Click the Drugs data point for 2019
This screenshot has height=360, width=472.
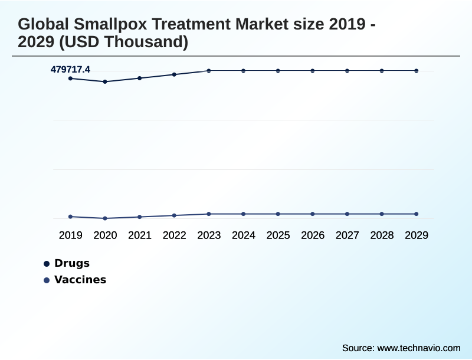[x=71, y=78]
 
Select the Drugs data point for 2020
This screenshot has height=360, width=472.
[x=105, y=82]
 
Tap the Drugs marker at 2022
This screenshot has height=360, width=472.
[x=174, y=74]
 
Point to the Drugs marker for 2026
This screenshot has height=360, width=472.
[x=313, y=71]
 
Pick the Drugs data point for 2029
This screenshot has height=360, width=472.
[x=417, y=71]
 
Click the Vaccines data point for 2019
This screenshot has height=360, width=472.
[x=71, y=217]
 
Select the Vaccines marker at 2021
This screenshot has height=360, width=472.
[x=140, y=217]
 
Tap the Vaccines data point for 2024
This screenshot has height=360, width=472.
[x=243, y=214]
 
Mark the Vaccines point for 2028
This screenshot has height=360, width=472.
[x=382, y=214]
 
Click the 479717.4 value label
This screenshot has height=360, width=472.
[x=70, y=70]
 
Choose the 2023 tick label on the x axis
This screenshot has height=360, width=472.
[x=209, y=235]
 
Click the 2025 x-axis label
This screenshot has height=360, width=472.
[x=278, y=235]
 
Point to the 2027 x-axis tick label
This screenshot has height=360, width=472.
[x=347, y=235]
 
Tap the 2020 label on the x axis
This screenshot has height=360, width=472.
[x=105, y=235]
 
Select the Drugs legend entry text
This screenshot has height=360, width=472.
[x=72, y=263]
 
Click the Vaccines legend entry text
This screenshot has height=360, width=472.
[x=80, y=280]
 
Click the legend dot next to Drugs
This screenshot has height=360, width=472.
[x=47, y=264]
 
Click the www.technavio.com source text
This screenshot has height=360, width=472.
[x=419, y=348]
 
